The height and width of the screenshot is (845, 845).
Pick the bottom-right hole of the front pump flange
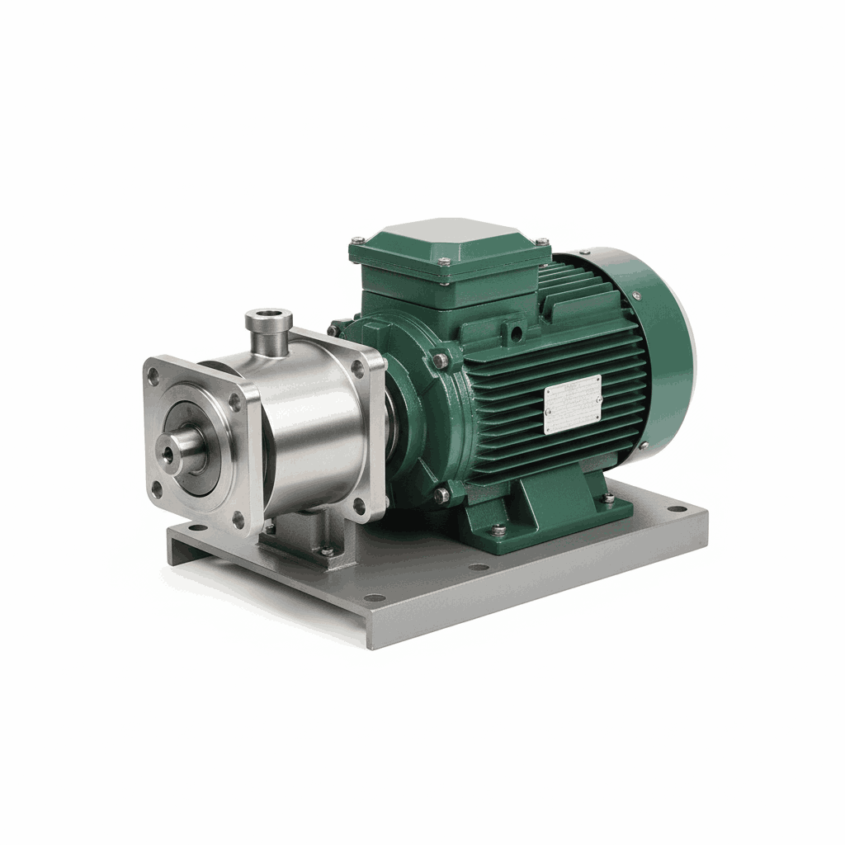tap(238, 518)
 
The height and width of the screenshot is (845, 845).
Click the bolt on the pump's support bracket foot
tap(328, 550)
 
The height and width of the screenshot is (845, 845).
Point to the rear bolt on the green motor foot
tap(607, 498)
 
